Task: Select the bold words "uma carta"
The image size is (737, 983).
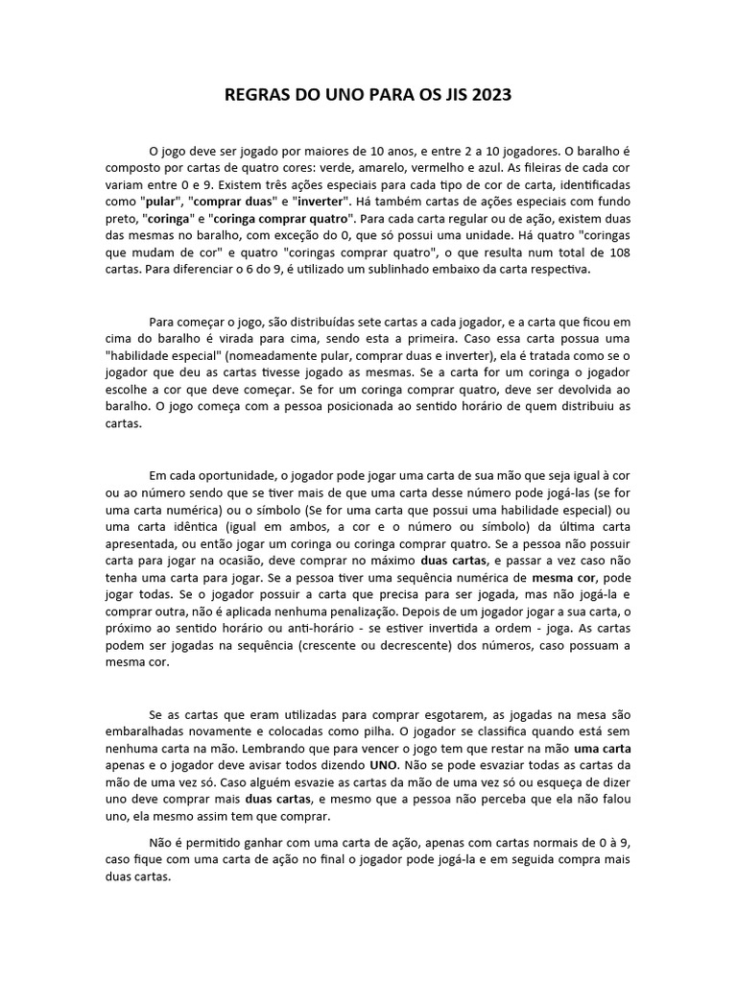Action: [x=603, y=747]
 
